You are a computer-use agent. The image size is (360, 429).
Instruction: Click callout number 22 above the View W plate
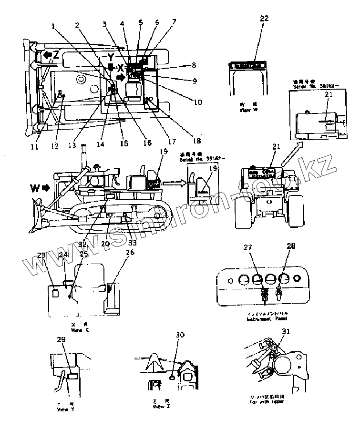tap(265, 19)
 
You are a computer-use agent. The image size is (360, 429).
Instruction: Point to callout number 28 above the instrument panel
tap(291, 246)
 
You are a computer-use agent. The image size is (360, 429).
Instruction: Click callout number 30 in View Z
tap(180, 335)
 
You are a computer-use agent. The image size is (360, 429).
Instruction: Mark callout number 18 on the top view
tap(195, 141)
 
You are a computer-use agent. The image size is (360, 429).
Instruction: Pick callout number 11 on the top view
tap(34, 147)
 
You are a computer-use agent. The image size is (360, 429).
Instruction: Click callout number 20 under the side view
tap(105, 244)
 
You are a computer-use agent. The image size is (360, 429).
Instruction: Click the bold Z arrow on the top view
tap(50, 55)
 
